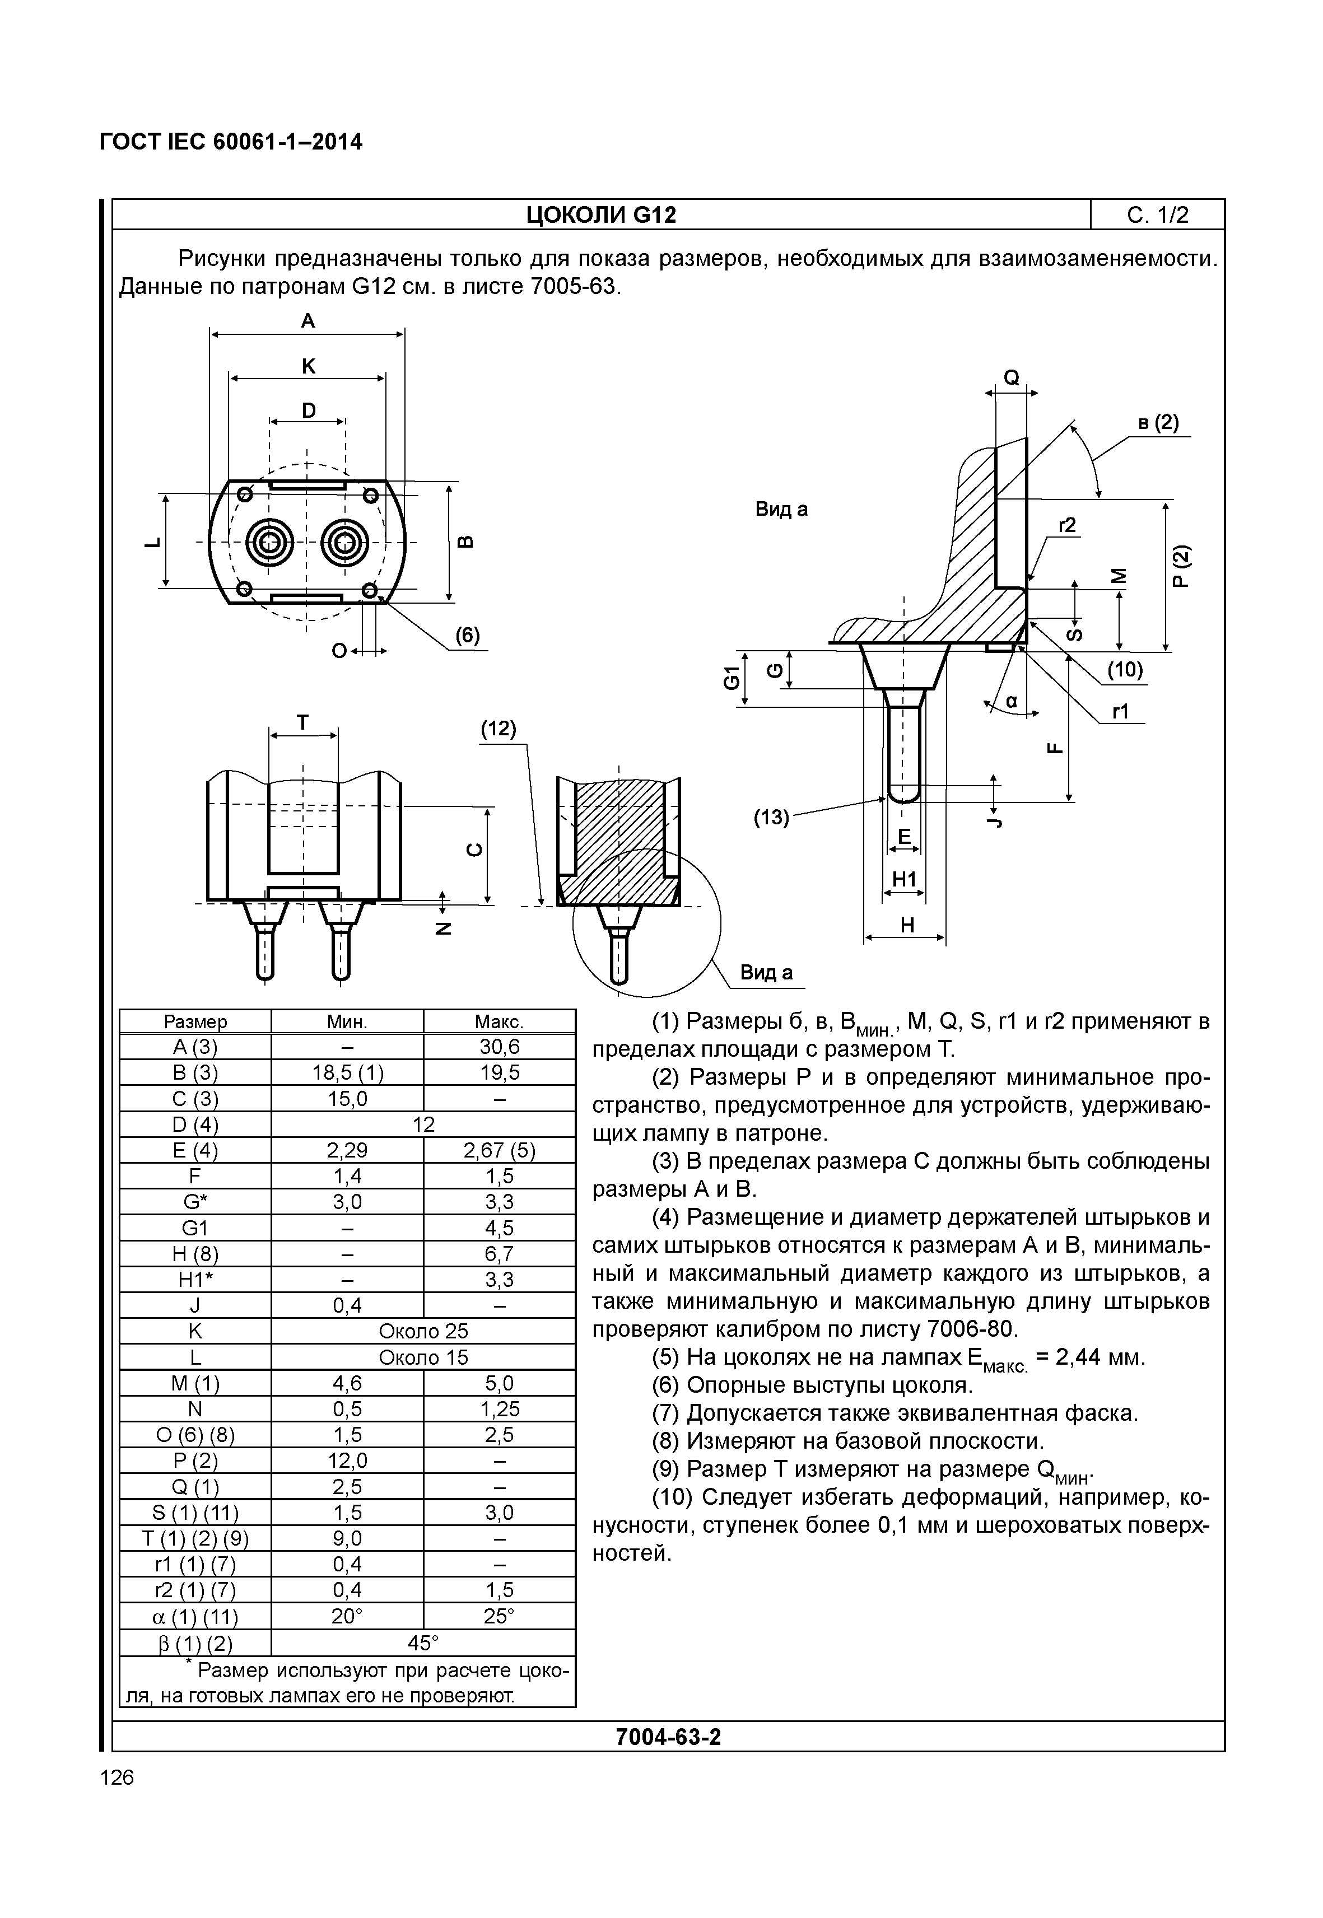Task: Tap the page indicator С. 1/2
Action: [1157, 216]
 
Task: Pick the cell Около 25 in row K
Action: [423, 1331]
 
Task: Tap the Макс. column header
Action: [499, 1022]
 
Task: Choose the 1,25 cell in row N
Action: [499, 1409]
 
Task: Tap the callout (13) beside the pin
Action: [771, 818]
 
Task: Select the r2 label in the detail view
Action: [1067, 525]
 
